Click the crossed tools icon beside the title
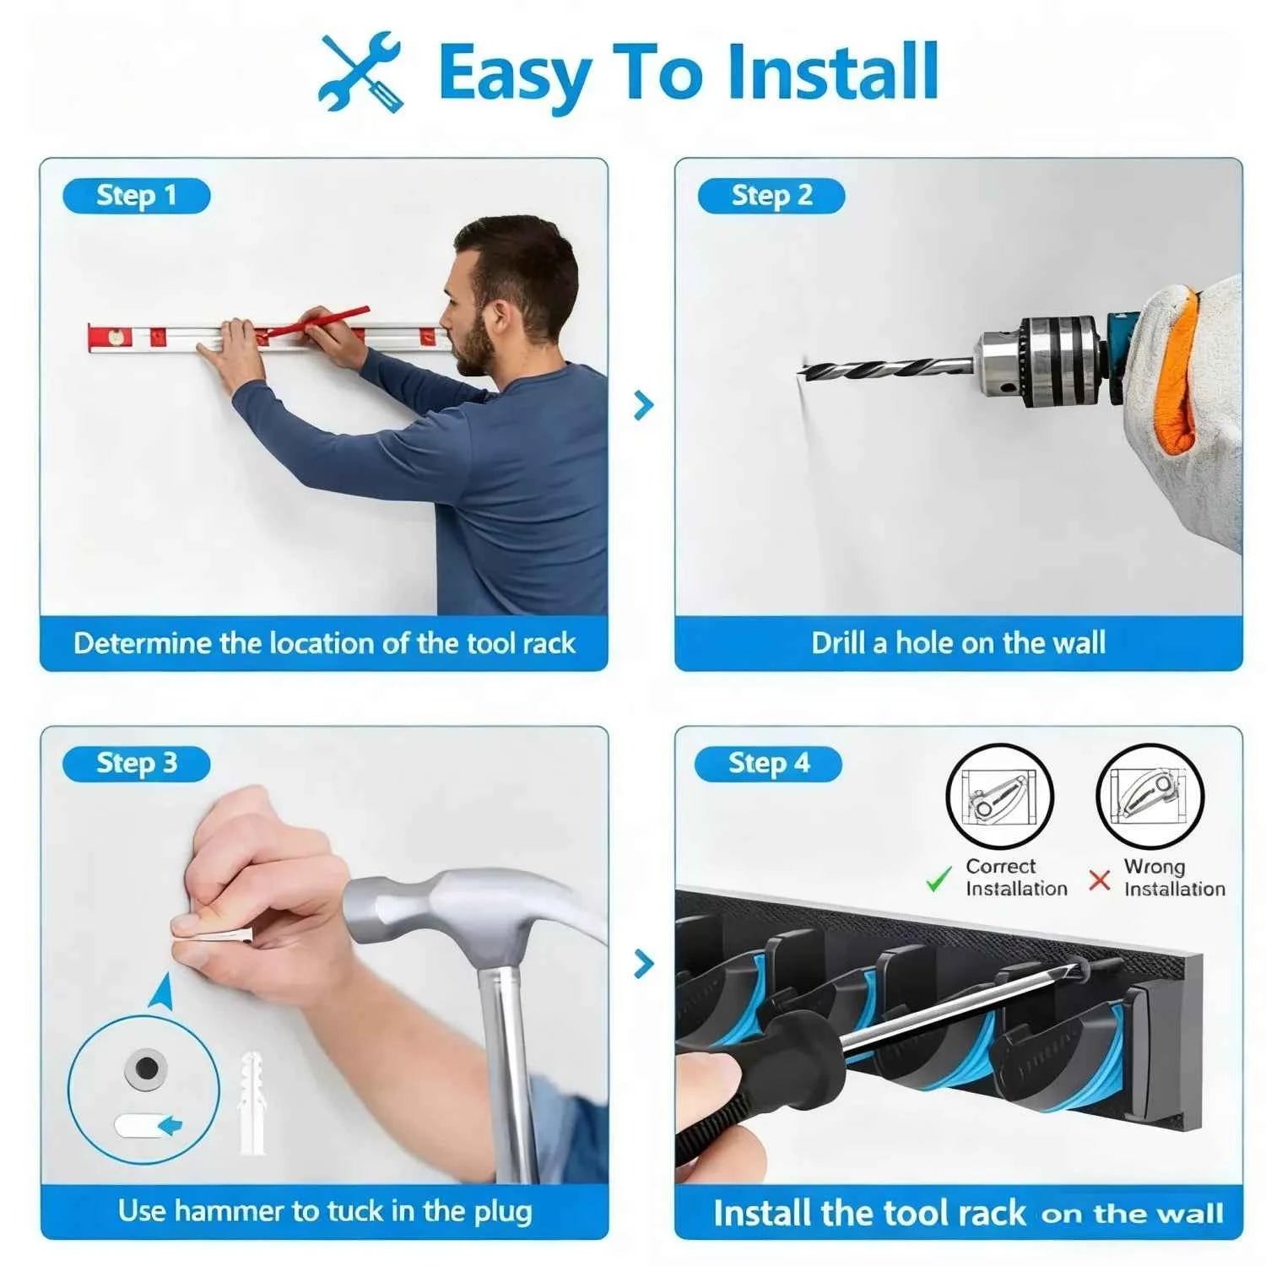tap(360, 72)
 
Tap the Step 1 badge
tap(136, 197)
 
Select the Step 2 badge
tap(771, 197)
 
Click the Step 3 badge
tap(136, 764)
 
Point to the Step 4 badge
tap(768, 764)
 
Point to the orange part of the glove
tap(1178, 371)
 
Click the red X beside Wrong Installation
tap(1100, 880)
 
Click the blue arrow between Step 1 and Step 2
tap(644, 405)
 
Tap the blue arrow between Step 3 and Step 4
tap(644, 963)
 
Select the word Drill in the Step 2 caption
tap(839, 643)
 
